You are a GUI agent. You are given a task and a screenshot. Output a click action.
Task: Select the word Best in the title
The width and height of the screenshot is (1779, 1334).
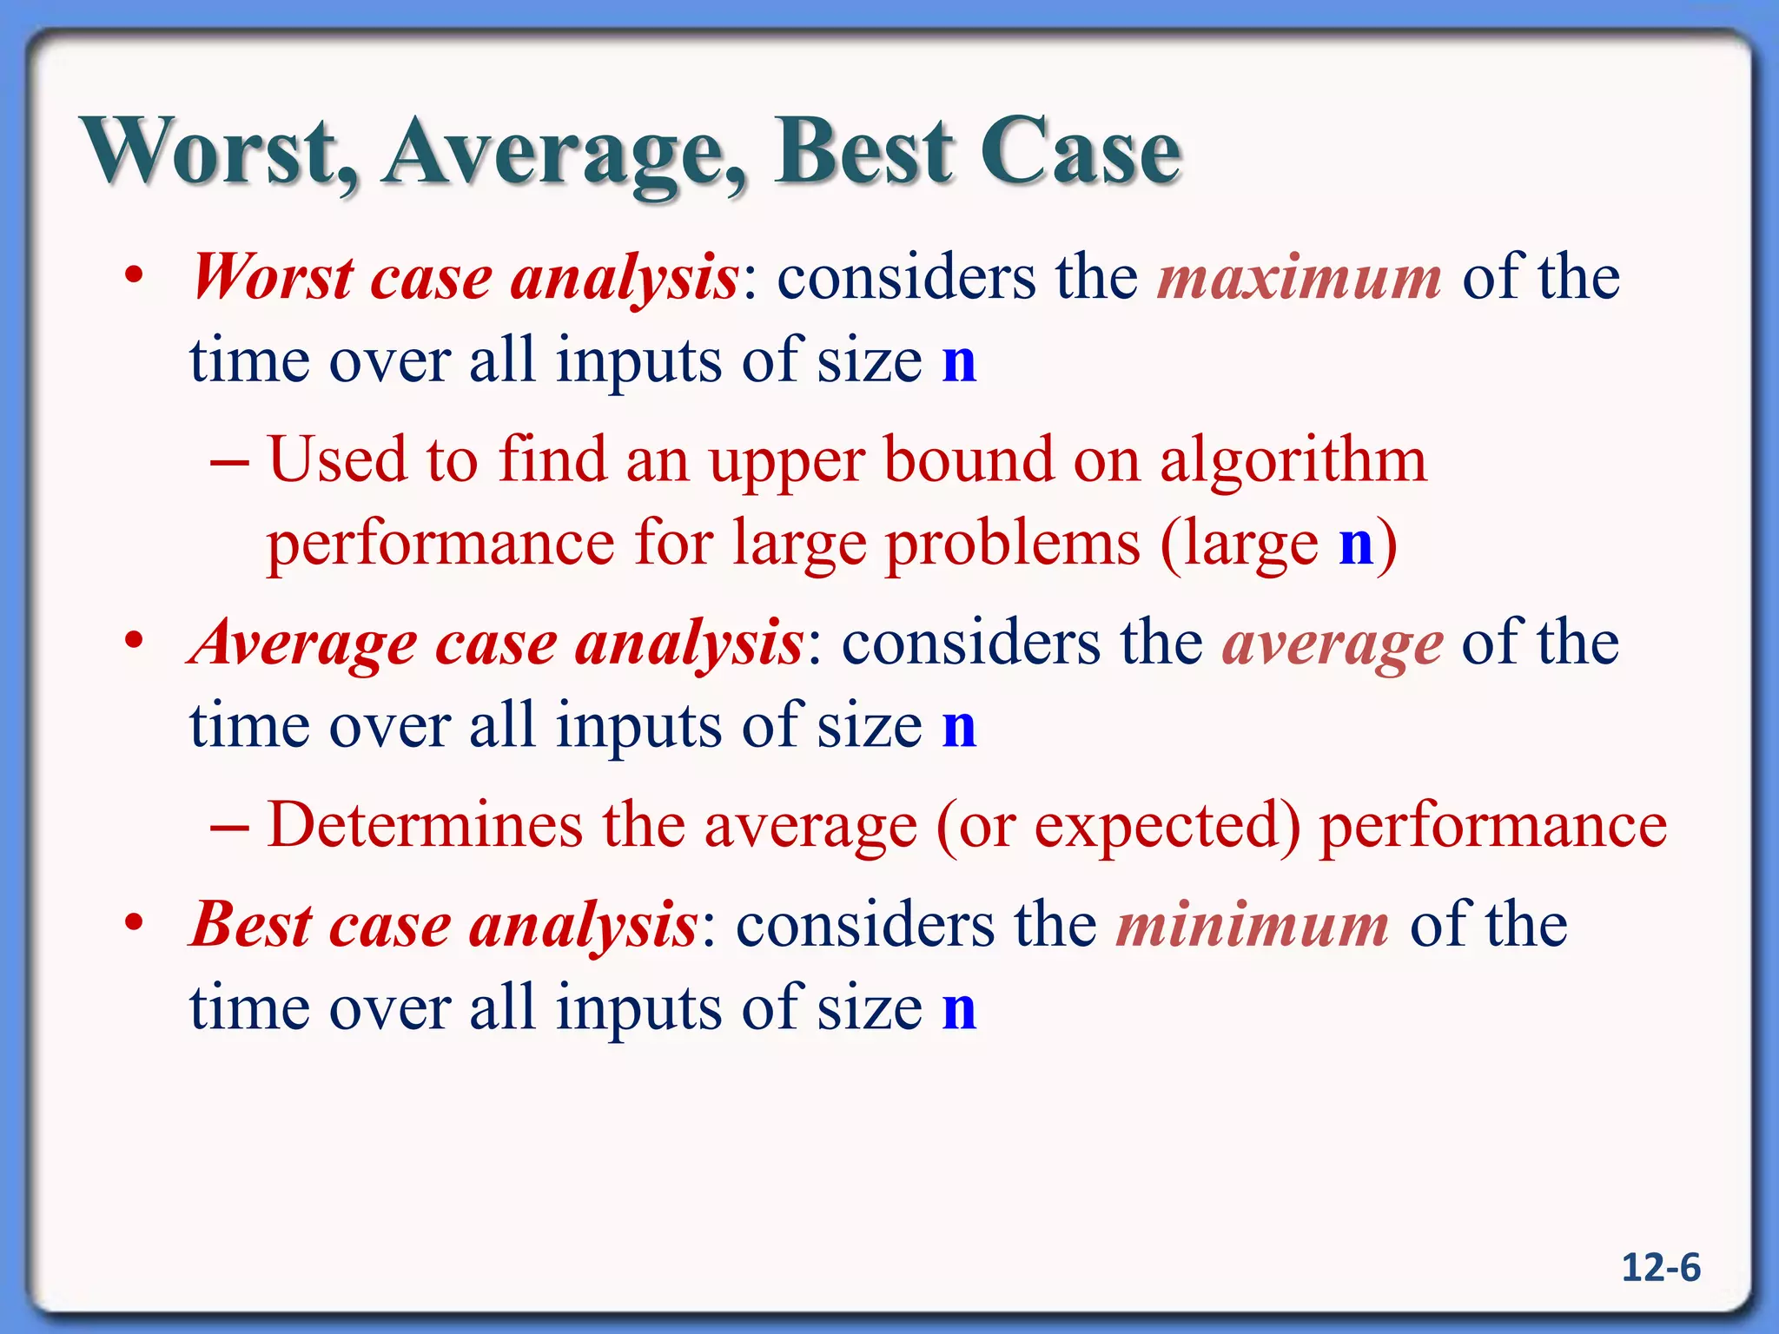click(864, 152)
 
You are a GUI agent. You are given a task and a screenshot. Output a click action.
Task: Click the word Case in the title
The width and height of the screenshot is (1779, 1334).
click(1081, 152)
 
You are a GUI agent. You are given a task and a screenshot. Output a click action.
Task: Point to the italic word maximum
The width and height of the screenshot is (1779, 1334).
click(1300, 278)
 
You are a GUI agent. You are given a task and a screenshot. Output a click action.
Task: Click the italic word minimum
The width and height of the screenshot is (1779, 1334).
click(1252, 926)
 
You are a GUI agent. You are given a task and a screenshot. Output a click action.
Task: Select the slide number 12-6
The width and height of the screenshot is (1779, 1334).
click(1660, 1268)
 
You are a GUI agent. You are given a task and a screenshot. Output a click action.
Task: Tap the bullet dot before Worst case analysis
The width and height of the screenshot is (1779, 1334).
click(133, 276)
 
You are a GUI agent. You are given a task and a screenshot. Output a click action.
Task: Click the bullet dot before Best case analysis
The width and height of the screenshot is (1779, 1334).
click(133, 923)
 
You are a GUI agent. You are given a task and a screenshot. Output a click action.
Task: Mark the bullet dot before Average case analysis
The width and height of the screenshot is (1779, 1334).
click(133, 642)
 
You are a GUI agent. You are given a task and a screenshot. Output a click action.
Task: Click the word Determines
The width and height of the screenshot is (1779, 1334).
click(425, 824)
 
